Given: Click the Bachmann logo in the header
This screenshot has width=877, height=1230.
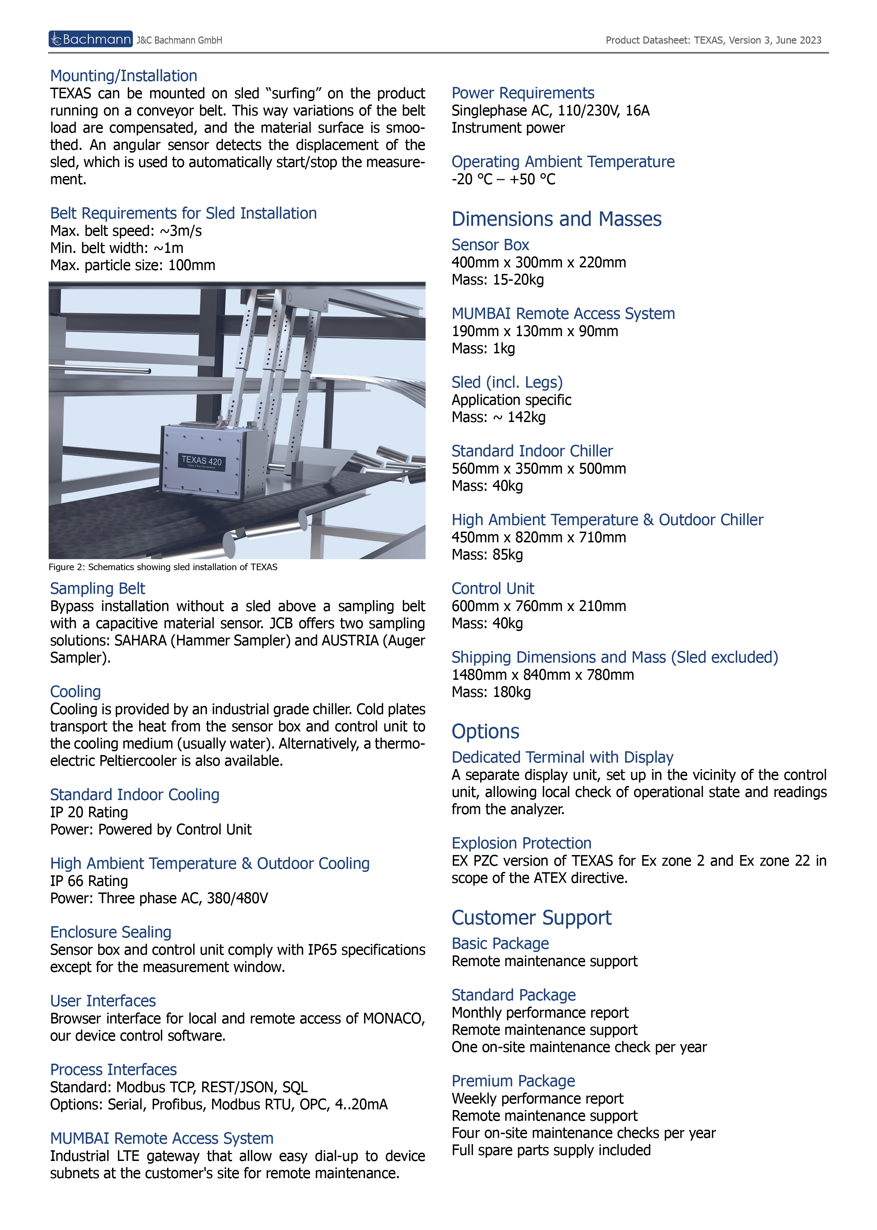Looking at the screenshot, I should pos(90,40).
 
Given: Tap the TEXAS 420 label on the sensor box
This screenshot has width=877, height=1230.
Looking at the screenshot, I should pos(201,461).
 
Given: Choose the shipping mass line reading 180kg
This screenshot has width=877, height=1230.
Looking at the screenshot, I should pos(491,692).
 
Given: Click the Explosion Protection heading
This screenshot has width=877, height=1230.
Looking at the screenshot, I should pos(521,843).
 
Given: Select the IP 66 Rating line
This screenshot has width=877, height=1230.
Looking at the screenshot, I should pos(89,881).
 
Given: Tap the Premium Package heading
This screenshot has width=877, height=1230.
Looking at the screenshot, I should pos(513,1081).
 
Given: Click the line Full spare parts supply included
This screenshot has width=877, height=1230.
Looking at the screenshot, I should pos(551,1150).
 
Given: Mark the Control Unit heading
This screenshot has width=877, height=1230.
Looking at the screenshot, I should pos(493,588).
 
